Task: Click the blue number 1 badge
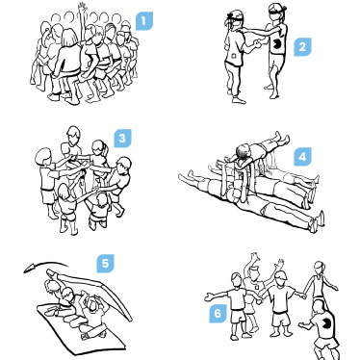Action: point(143,21)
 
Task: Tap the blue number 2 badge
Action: point(302,47)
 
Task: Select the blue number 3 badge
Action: point(122,139)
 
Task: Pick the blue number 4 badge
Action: point(302,157)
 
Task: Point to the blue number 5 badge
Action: point(105,264)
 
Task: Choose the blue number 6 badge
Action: point(218,313)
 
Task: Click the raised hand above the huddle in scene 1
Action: point(83,7)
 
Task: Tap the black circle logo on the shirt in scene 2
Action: point(276,44)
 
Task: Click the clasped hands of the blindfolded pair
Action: point(257,44)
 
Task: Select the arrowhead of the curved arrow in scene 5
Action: point(30,268)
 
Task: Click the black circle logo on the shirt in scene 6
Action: point(325,321)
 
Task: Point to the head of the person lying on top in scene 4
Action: point(243,151)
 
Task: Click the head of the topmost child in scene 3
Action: point(74,134)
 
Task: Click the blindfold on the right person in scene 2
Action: point(276,13)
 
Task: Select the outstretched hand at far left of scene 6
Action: point(210,296)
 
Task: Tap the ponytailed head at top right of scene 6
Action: point(319,268)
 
